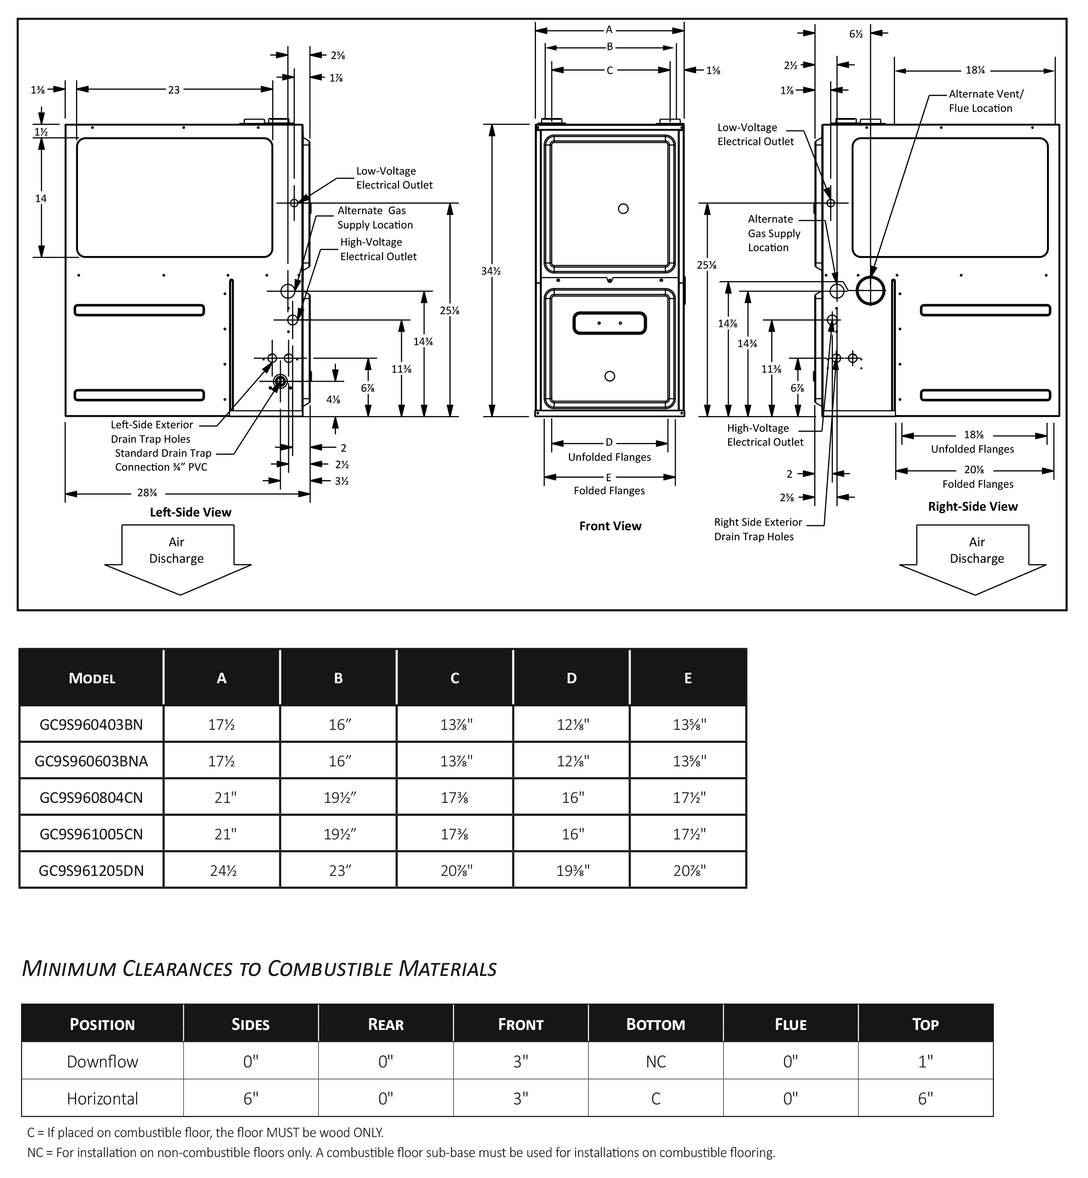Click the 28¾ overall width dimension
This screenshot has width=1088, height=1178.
coord(147,494)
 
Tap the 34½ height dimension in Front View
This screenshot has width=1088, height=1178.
coord(490,271)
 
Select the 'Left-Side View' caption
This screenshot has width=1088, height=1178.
coord(190,513)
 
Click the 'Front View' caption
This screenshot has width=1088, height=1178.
coord(610,526)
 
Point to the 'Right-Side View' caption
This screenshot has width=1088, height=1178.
coord(972,507)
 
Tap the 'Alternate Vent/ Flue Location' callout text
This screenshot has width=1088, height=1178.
coord(986,101)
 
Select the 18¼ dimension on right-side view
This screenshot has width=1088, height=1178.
coord(975,71)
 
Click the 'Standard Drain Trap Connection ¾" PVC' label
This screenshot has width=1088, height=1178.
coord(163,460)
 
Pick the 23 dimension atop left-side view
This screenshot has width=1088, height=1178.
coord(174,90)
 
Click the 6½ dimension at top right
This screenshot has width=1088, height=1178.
coord(855,34)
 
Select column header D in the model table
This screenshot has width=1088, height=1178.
coord(571,678)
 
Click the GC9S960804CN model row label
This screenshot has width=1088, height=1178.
coord(91,798)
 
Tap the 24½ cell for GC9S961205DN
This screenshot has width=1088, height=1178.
coord(223,871)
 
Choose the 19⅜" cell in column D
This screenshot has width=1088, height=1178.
coord(573,871)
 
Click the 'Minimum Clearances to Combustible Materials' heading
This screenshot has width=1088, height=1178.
coord(259,968)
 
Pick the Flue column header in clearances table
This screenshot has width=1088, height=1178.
coord(791,1024)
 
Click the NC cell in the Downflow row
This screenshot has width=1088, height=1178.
coord(656,1061)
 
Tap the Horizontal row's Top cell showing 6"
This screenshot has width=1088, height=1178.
coord(925,1098)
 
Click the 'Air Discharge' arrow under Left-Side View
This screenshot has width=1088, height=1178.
coord(178,560)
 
